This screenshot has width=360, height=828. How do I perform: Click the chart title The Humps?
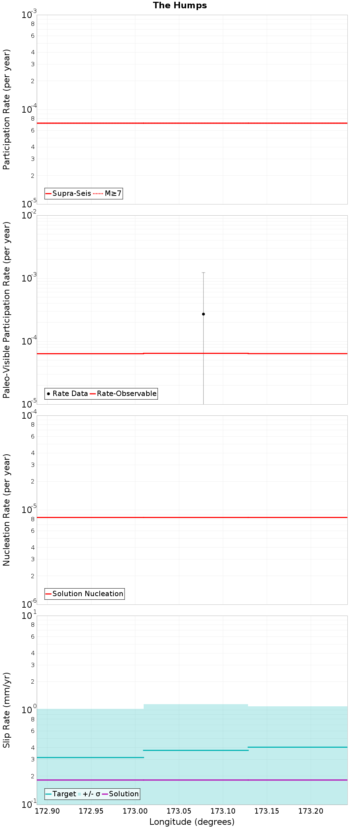[x=180, y=5]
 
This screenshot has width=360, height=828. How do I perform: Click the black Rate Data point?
[x=203, y=314]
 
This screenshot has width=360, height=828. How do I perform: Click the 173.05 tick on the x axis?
[x=179, y=811]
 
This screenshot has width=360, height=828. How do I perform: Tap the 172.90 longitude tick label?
[x=47, y=811]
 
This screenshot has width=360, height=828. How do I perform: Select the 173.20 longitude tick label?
[x=310, y=811]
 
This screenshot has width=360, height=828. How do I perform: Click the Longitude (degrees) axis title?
[x=192, y=822]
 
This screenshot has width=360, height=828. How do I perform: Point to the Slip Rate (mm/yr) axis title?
[x=6, y=710]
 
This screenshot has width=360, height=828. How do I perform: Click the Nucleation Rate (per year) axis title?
[x=6, y=510]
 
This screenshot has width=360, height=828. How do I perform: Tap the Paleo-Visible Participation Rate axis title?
[x=6, y=310]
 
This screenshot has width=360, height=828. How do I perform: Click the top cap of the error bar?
[x=203, y=273]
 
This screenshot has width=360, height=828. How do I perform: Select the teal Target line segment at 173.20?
[x=310, y=747]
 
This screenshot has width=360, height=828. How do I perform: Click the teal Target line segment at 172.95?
[x=91, y=757]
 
